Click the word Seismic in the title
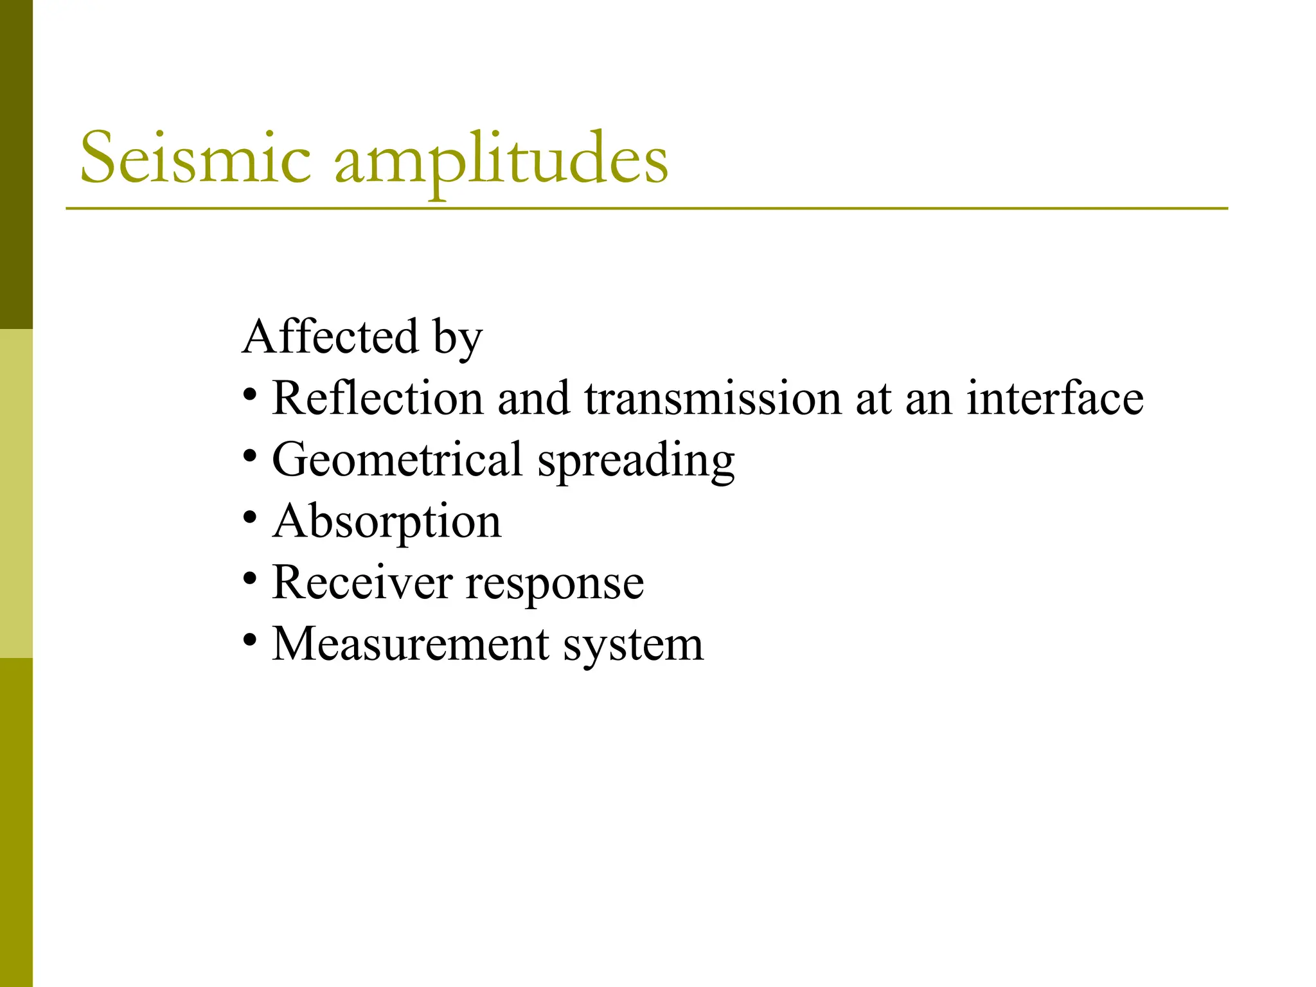pyautogui.click(x=195, y=158)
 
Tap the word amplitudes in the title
pyautogui.click(x=501, y=161)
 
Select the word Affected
pyautogui.click(x=331, y=337)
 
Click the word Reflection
pyautogui.click(x=377, y=398)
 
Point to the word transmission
pyautogui.click(x=713, y=398)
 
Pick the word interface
pyautogui.click(x=1055, y=398)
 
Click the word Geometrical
pyautogui.click(x=397, y=460)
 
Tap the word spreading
pyautogui.click(x=636, y=461)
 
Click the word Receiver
pyautogui.click(x=362, y=583)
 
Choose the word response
pyautogui.click(x=555, y=585)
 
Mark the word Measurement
pyautogui.click(x=411, y=644)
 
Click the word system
pyautogui.click(x=634, y=645)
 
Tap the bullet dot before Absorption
pyautogui.click(x=251, y=517)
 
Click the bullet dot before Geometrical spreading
pyautogui.click(x=251, y=456)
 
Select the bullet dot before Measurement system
pyautogui.click(x=251, y=640)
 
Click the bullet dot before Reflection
pyautogui.click(x=251, y=394)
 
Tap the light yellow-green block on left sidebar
pyautogui.click(x=16, y=493)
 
